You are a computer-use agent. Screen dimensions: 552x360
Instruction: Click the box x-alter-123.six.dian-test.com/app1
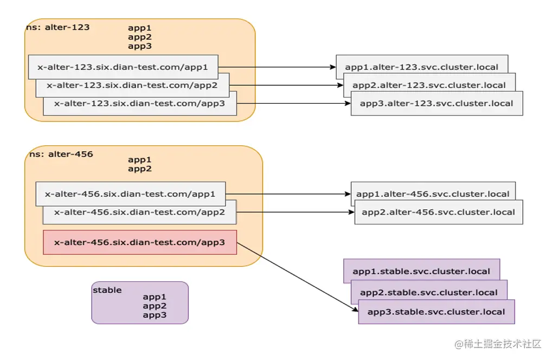123,67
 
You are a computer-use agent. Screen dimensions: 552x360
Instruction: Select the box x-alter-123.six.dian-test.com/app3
140,104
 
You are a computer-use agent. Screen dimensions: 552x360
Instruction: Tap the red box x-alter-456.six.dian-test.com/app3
140,242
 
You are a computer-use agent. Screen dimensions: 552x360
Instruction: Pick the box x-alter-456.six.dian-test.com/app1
130,194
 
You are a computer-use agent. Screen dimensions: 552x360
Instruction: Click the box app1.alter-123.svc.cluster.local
422,67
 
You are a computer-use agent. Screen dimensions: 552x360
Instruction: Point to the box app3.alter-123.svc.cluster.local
437,104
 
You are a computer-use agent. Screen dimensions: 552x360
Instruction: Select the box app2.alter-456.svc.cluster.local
439,212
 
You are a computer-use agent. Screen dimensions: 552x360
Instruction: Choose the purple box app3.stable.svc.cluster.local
437,312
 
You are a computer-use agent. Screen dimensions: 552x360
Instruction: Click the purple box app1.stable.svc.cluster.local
421,271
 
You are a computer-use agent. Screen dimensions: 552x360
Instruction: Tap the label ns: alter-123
58,28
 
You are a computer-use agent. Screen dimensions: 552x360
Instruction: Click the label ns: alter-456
61,154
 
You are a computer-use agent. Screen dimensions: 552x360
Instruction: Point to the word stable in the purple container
107,290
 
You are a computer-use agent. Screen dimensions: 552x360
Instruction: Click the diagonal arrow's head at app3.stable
356,310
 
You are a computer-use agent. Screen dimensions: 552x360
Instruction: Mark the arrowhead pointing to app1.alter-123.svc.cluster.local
333,67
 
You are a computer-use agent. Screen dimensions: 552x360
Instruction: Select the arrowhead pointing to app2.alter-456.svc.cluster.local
351,212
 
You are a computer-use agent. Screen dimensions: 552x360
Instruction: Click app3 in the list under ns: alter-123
140,47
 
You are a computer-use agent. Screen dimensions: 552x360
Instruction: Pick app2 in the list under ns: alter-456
140,169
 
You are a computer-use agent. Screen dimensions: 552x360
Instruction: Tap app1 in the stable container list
155,297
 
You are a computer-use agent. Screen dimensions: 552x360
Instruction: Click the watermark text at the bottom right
497,344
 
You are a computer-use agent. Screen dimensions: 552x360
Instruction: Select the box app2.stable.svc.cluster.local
429,292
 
